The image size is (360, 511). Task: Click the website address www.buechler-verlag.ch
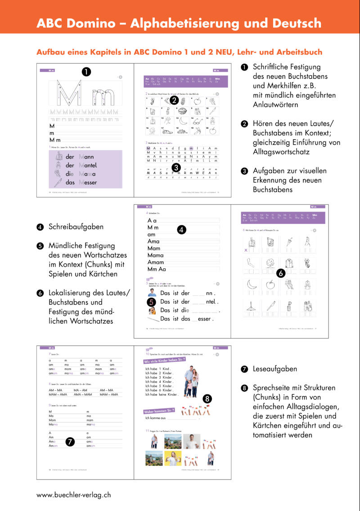(73, 494)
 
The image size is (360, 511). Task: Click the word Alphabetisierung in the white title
(185, 23)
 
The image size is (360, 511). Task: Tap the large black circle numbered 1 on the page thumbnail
(86, 71)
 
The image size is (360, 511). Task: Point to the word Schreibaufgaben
(76, 227)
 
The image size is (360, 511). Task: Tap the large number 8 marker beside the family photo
(207, 398)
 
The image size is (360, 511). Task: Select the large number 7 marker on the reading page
(70, 442)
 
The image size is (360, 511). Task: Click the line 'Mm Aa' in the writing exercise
(157, 269)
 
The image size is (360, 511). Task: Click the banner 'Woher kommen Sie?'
(159, 411)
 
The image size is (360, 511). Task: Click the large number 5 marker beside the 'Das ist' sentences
(152, 302)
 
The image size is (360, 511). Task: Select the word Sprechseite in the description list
(271, 388)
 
